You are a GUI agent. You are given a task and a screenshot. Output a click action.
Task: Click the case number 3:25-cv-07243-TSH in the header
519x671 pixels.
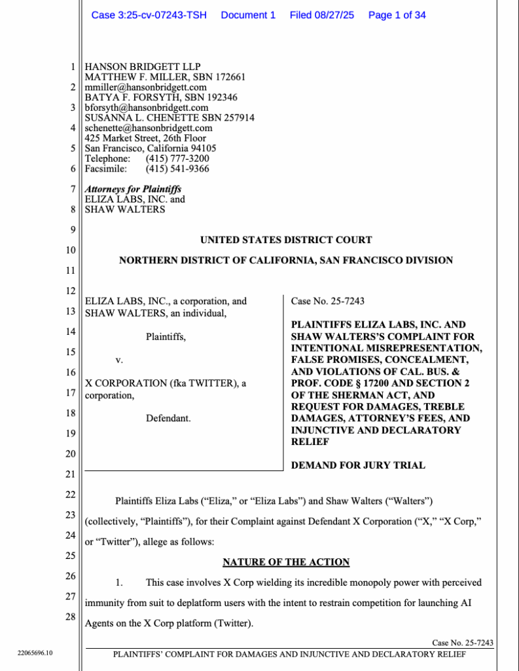tap(149, 15)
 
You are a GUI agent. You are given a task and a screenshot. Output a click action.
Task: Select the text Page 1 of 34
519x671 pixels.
tap(397, 15)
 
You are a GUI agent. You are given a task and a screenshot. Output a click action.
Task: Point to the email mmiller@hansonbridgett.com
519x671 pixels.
tap(146, 87)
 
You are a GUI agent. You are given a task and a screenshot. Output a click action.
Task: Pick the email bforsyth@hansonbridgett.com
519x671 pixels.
tap(147, 107)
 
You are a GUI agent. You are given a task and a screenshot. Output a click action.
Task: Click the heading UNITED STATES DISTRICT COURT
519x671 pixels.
tap(286, 240)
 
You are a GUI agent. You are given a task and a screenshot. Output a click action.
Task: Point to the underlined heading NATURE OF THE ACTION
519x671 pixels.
tap(286, 562)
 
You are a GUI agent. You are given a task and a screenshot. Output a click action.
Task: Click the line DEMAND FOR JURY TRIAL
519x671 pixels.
tap(358, 465)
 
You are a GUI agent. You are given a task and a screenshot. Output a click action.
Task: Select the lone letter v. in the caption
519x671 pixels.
tap(119, 360)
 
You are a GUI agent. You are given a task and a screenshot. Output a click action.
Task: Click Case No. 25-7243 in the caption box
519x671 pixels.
tap(328, 301)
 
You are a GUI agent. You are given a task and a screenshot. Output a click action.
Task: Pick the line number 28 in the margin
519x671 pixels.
tap(71, 617)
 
